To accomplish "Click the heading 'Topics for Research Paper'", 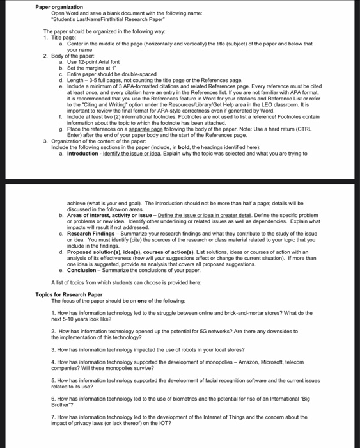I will tap(70, 294).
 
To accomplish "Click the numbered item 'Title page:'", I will tap(63, 38).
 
